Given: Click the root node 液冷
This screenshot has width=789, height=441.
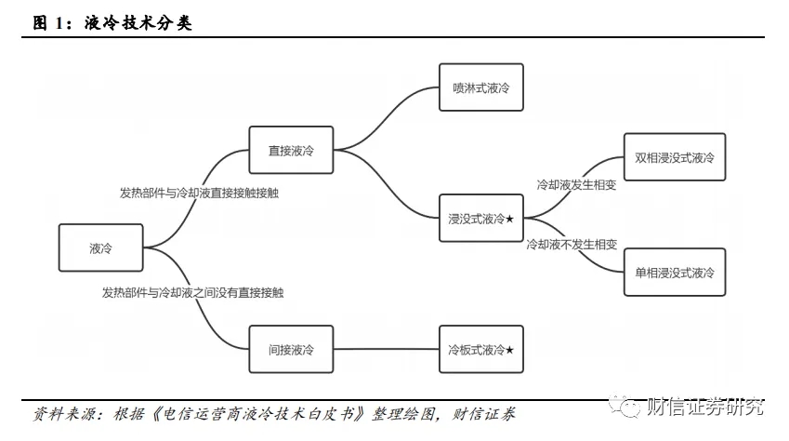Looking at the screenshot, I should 100,248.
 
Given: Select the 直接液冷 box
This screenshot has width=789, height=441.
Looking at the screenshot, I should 291,151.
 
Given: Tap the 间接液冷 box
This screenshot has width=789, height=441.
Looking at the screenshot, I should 291,350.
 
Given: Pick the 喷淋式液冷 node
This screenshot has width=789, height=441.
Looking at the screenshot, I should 480,87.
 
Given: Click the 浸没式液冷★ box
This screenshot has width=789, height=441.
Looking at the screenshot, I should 480,219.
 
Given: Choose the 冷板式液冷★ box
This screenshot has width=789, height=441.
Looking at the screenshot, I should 480,350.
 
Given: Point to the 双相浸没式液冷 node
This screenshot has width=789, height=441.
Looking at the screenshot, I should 674,158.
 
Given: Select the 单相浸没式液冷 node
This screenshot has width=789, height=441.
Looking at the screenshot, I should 674,273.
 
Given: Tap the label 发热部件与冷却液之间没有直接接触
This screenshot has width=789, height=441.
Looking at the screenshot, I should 193,292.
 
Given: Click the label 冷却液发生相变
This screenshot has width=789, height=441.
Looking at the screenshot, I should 577,185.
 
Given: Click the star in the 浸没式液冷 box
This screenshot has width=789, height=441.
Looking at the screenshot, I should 509,219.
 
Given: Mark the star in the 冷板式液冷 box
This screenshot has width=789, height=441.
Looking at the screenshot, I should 509,350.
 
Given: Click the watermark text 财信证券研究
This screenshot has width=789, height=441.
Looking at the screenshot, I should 704,408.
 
